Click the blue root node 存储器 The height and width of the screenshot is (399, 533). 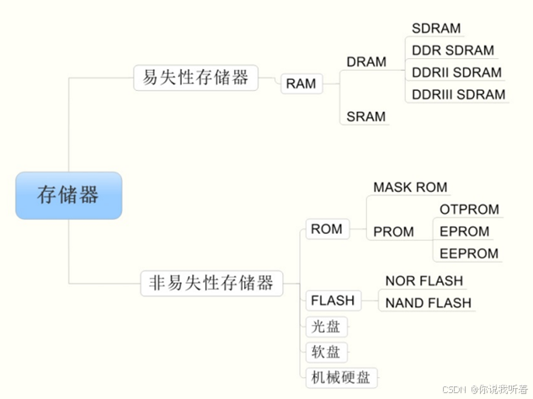tap(68, 195)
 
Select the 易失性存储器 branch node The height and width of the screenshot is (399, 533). tap(195, 77)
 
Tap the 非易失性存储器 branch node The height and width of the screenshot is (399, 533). tap(211, 283)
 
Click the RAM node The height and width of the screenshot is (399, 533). tap(301, 83)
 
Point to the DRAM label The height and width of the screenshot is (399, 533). tap(366, 62)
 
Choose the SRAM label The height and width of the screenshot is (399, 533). tap(366, 117)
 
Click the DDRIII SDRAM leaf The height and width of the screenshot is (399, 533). tap(459, 94)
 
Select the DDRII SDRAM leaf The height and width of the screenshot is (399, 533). tap(456, 72)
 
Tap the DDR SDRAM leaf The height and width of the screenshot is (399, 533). tap(453, 51)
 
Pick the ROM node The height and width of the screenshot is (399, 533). tap(327, 229)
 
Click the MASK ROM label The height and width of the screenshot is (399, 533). tap(410, 187)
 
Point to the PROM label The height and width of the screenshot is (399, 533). tap(393, 231)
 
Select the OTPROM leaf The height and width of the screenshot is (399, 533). tap(469, 210)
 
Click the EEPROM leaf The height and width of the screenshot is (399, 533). tap(469, 253)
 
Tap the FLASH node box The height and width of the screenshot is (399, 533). tap(333, 301)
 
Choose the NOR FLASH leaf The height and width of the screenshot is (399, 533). tap(424, 280)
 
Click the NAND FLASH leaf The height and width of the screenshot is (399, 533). tap(428, 302)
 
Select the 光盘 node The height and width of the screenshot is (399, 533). tap(326, 327)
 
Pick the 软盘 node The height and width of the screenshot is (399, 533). tap(326, 352)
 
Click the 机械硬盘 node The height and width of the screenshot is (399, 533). tap(340, 377)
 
